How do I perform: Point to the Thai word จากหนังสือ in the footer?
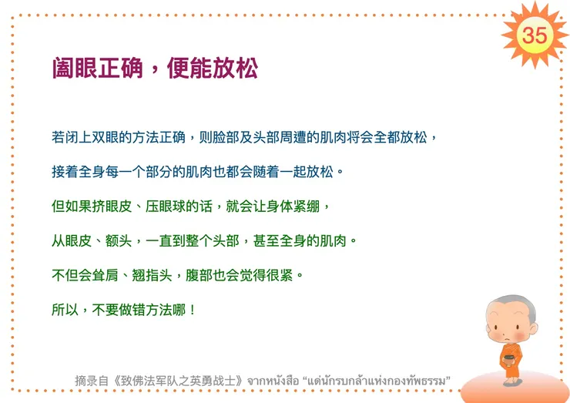coord(276,381)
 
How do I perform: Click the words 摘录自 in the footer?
coord(89,381)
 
